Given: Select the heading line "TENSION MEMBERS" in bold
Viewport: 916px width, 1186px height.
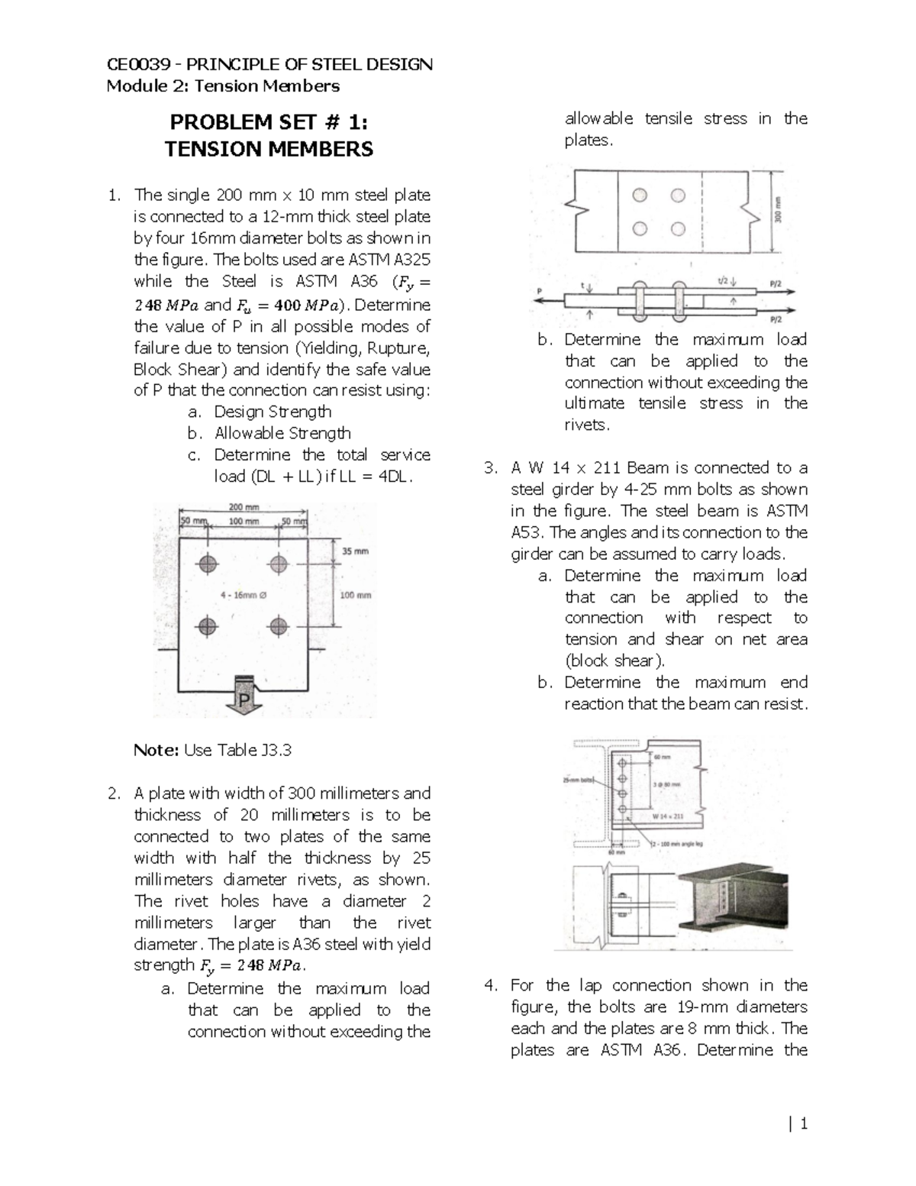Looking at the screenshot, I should [269, 149].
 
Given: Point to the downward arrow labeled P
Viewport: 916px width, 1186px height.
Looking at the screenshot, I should [244, 695].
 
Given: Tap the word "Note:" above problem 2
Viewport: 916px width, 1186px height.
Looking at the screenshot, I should [156, 750].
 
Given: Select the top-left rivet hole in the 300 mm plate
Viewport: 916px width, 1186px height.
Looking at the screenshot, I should [640, 196].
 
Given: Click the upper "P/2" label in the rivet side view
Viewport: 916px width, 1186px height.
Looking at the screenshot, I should [776, 282].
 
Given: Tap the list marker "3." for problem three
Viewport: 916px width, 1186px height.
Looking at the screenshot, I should [491, 468].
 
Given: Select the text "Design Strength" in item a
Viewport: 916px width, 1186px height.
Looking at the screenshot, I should [273, 412].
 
